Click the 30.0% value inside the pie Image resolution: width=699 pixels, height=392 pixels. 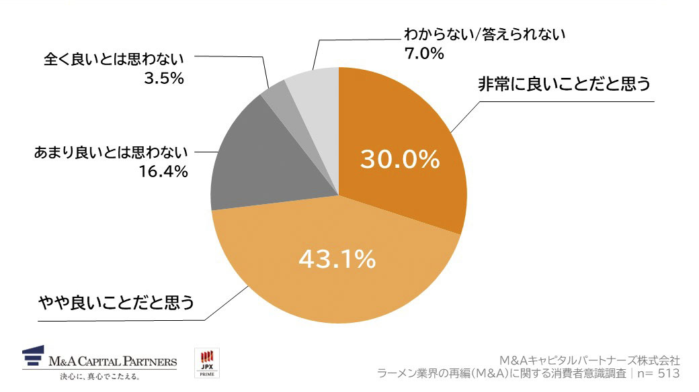tap(400, 160)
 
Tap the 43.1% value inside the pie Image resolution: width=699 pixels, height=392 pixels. tap(337, 258)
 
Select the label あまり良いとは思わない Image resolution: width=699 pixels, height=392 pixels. tap(111, 153)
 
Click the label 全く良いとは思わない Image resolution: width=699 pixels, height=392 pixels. tap(114, 59)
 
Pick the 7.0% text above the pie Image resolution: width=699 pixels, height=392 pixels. tap(423, 53)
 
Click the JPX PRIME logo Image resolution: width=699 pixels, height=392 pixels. tap(206, 363)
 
